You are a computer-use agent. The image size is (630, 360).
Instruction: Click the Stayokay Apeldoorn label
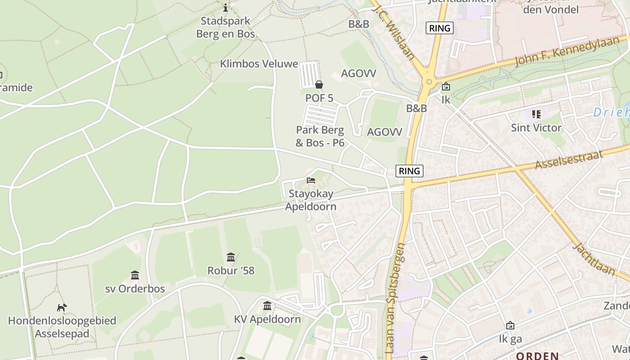(x=311, y=200)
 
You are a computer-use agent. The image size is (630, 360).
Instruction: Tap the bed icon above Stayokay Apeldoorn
(x=311, y=180)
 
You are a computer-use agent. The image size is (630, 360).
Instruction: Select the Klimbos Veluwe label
(x=259, y=64)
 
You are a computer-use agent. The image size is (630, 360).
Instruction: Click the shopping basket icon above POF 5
(x=319, y=85)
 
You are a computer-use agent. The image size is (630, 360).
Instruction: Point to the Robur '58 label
(x=231, y=270)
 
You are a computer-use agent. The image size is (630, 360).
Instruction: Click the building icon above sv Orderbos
(x=135, y=275)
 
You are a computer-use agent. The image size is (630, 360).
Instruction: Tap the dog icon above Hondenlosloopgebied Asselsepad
(x=62, y=307)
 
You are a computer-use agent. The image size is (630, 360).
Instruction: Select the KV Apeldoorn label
(x=267, y=319)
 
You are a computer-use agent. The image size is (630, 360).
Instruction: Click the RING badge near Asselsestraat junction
(x=409, y=171)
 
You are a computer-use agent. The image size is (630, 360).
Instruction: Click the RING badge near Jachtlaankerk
(x=440, y=28)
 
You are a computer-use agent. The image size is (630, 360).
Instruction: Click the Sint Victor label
(x=536, y=128)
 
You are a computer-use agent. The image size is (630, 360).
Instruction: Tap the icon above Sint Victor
(x=536, y=114)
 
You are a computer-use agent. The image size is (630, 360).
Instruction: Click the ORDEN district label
(x=537, y=355)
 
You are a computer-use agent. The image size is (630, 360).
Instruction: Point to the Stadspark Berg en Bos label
(x=225, y=27)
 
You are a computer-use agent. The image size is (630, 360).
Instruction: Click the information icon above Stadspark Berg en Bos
(x=225, y=8)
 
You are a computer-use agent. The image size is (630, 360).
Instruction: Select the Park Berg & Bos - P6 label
(x=320, y=136)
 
